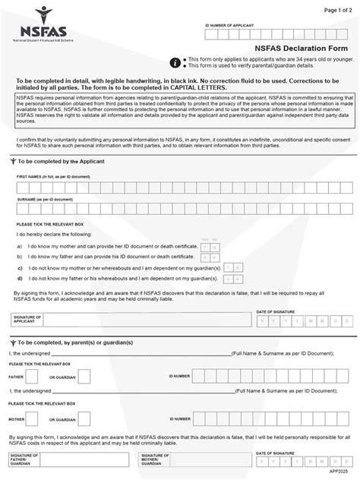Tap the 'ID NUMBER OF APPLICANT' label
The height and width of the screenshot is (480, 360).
231,26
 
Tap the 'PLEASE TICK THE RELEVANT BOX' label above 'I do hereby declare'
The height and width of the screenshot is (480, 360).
50,224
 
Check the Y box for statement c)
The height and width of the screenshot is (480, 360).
228,267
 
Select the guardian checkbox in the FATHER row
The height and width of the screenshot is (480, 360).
84,376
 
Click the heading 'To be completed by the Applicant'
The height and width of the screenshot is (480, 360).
60,162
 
